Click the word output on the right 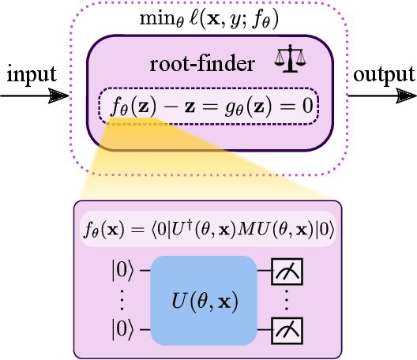pyautogui.click(x=384, y=75)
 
